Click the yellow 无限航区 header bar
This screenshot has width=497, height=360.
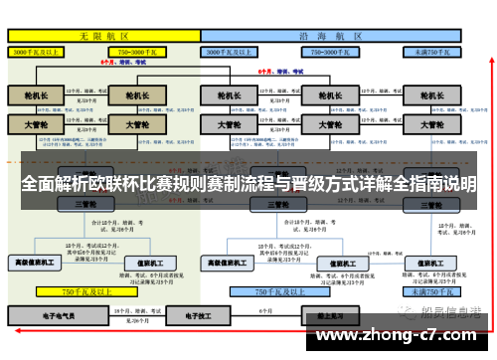103,35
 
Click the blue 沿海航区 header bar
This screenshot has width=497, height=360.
333,35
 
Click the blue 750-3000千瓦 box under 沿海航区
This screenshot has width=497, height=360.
332,50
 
